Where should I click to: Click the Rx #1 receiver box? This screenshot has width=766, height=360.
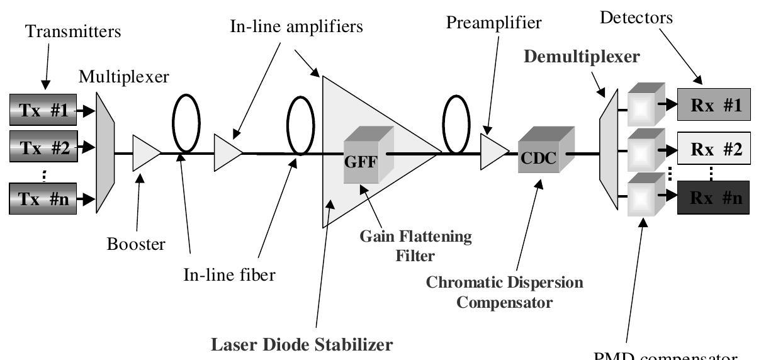[x=713, y=104]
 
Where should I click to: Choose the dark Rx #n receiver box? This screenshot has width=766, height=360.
[x=713, y=197]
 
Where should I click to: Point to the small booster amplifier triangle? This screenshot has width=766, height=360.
[x=145, y=153]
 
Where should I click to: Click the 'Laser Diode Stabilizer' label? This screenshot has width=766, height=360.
[x=302, y=344]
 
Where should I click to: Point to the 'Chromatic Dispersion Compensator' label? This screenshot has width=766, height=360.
[x=504, y=291]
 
